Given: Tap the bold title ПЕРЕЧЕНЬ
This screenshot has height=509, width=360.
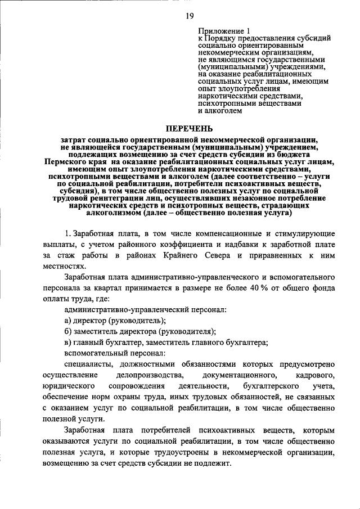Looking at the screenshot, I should click(180, 129).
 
